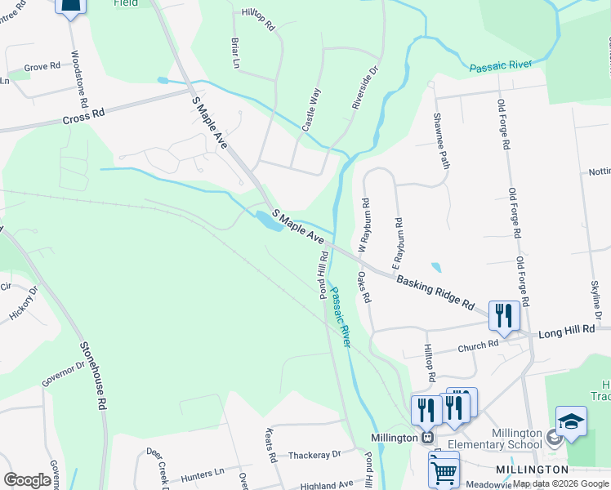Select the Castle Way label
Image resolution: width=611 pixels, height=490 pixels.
pos(310,113)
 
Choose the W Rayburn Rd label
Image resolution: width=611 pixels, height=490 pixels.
pos(364,224)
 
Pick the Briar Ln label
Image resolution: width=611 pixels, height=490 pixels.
pos(236,51)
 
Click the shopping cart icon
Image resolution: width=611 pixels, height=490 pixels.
pos(444,470)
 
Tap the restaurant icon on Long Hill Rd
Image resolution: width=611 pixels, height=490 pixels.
pos(504,315)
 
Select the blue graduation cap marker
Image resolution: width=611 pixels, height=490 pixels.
pos(571,421)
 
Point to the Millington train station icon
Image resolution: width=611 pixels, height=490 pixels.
pos(426,438)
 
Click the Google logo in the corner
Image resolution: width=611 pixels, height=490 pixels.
pos(27,480)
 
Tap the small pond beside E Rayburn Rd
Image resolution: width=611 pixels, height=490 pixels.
pos(435,267)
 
